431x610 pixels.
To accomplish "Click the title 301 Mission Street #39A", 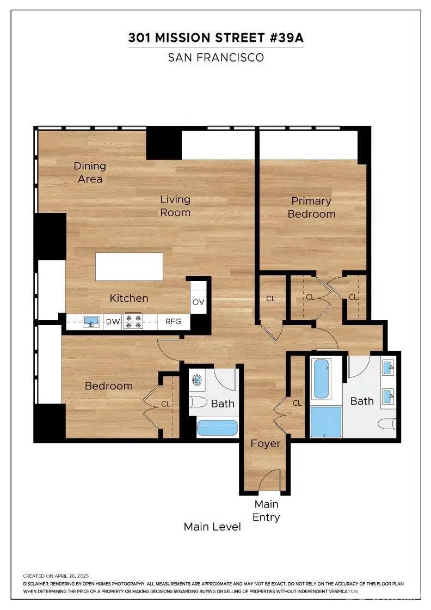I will click(215, 38).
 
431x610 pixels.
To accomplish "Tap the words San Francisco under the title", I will click(215, 57).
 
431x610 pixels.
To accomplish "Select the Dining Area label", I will click(90, 172).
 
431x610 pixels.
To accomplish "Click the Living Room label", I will click(175, 206).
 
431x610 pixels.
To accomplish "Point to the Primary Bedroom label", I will click(311, 208).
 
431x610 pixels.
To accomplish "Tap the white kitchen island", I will click(130, 266).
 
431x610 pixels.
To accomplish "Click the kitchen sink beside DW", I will click(91, 322).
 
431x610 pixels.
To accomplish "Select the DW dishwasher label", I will click(113, 322).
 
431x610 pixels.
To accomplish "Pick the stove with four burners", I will click(133, 322).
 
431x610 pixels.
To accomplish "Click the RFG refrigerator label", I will click(173, 322).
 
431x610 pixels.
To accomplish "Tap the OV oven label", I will click(199, 303).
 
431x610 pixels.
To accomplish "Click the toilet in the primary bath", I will click(387, 425).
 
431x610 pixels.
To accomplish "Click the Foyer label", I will click(266, 443).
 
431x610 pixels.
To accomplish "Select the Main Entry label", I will click(266, 510).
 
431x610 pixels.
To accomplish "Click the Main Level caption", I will click(212, 527).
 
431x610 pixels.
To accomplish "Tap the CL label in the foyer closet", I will click(297, 403).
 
